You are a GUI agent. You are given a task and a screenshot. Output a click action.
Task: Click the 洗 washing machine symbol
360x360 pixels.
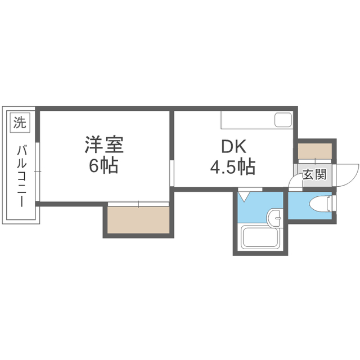19,122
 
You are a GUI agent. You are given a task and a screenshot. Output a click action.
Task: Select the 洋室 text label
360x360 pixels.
104,145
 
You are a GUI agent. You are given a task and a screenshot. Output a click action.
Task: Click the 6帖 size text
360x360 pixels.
104,166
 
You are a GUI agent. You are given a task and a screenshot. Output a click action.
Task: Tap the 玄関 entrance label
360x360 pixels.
314,174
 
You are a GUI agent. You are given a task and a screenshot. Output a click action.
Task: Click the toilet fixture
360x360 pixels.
318,203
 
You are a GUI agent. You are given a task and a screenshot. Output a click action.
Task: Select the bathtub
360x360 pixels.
260,237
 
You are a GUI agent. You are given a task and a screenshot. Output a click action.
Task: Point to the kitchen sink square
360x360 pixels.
283,120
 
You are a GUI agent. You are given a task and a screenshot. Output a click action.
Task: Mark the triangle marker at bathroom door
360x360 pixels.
244,197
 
